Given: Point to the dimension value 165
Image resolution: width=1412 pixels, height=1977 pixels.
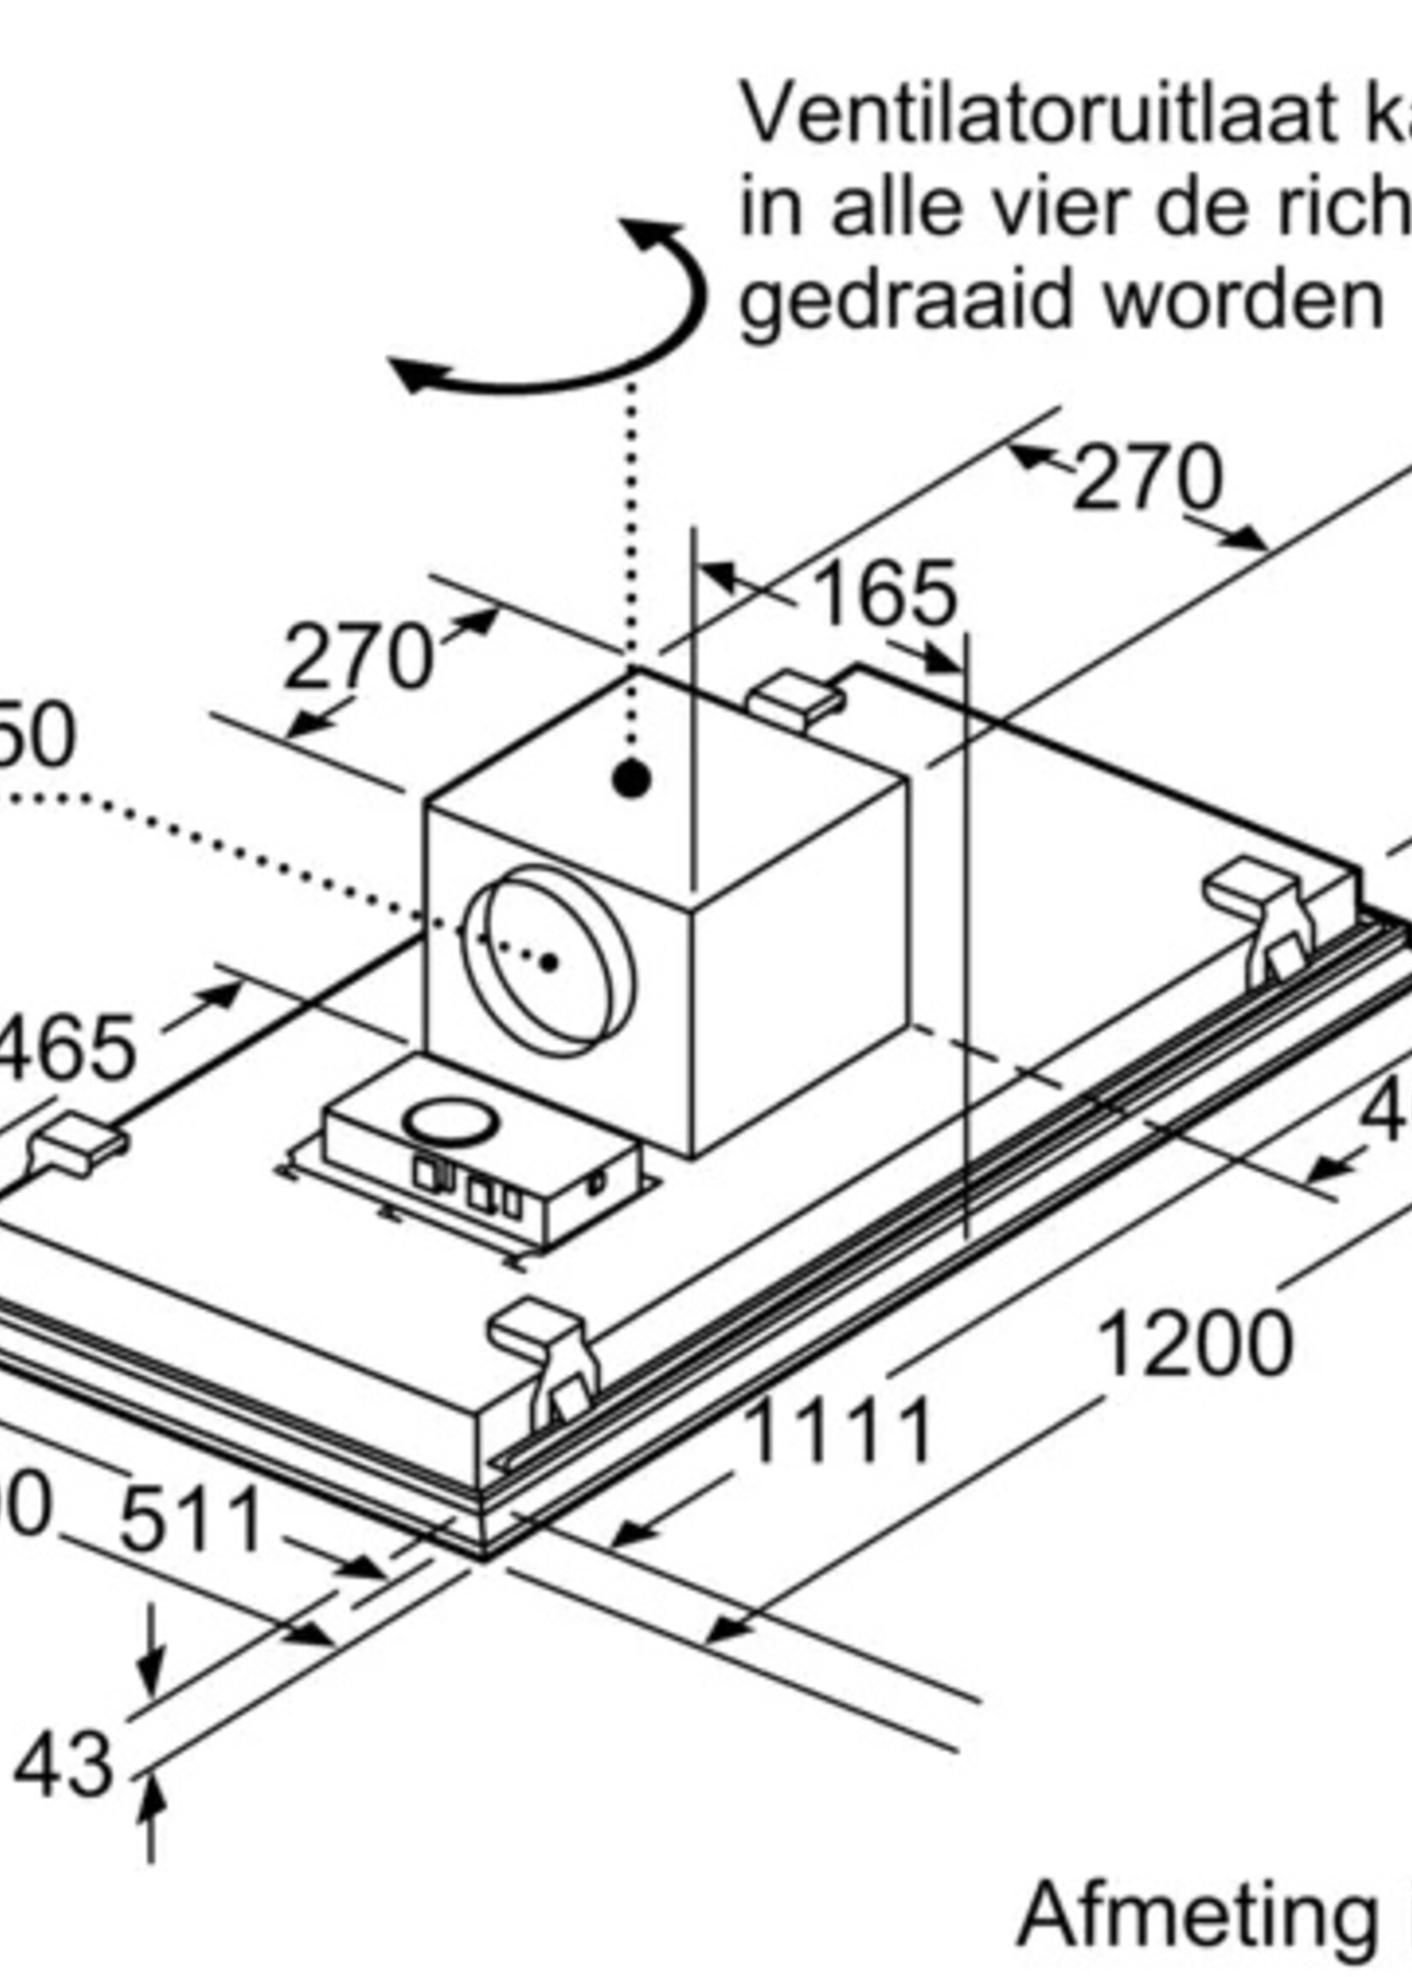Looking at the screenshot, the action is (x=887, y=596).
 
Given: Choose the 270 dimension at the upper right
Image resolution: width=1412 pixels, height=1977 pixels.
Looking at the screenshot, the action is (x=1148, y=478).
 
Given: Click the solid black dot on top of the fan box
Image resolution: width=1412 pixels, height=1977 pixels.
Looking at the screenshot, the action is (x=632, y=779).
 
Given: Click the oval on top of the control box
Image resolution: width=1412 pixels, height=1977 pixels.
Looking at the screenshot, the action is (x=450, y=1123).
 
